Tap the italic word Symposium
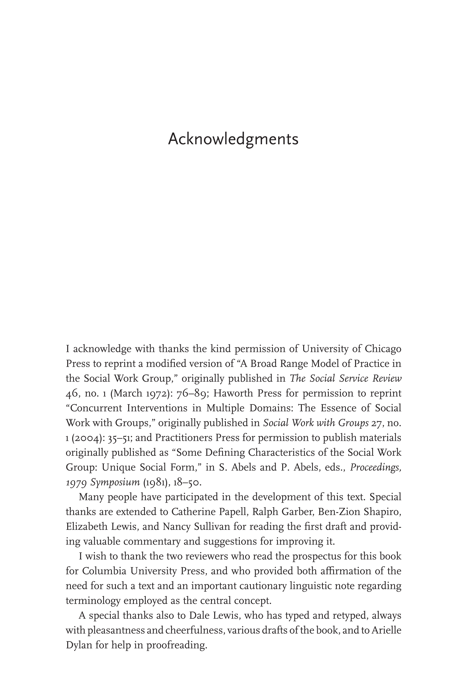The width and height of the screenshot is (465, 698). coord(115,483)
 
